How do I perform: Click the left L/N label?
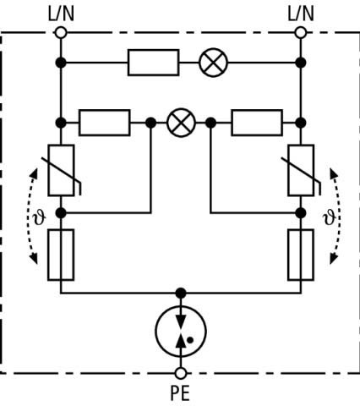point(61,14)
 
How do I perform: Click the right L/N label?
point(301,14)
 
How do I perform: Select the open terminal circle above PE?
point(181,373)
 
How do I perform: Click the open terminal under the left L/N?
point(61,32)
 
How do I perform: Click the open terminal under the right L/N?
point(301,32)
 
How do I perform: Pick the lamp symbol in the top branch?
point(213,63)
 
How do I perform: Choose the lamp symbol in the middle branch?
point(181,123)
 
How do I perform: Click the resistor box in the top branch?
point(154,63)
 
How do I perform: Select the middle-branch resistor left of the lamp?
point(105,123)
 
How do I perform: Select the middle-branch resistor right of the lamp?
point(257,123)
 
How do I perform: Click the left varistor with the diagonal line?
point(61,170)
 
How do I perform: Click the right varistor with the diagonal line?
point(301,170)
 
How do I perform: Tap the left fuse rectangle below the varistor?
point(61,255)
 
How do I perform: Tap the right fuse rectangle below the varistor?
point(301,255)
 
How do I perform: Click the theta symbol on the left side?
point(39,217)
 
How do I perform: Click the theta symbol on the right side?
point(330,217)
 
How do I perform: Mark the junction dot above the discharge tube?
point(181,294)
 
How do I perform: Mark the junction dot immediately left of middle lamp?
point(150,123)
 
